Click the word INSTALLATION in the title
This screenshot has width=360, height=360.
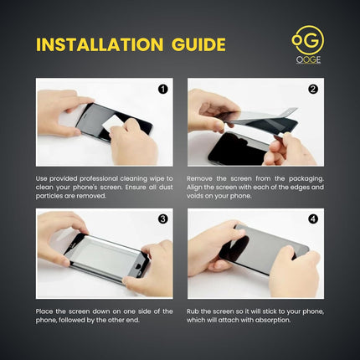coord(100,44)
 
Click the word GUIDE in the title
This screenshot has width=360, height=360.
coord(198,44)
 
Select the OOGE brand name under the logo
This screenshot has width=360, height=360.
coord(308,59)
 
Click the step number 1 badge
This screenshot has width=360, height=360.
coord(163,90)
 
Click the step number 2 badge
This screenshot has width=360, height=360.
coord(313,90)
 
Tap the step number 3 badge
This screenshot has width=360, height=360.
coord(163,219)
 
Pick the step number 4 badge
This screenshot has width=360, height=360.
coord(313,219)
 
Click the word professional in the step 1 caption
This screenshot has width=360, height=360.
coord(99,178)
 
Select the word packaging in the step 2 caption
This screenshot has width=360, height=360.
coord(306,178)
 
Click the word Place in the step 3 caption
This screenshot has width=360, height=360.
coord(44,311)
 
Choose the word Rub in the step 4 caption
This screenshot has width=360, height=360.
coord(193,311)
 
